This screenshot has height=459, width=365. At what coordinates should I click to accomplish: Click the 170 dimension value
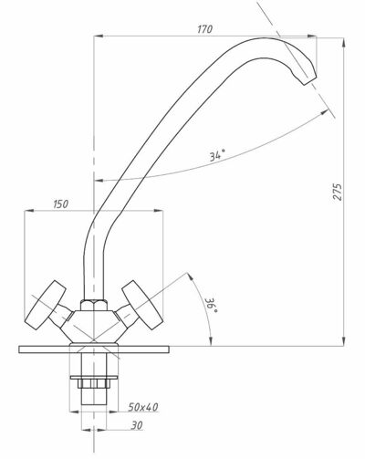pos(205,29)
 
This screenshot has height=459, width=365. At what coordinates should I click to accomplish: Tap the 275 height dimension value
pos(338,192)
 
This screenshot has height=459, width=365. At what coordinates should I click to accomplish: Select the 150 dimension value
pos(61,204)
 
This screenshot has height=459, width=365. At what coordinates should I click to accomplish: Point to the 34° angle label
pos(217,155)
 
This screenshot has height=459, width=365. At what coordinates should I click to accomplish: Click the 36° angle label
pos(213,305)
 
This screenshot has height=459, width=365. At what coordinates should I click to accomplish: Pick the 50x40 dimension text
pos(143,407)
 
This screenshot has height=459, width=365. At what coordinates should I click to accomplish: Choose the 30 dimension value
pos(137,425)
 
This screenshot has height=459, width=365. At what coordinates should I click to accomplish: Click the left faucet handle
pos(46,305)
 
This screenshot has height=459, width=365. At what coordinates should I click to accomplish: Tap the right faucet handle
pos(141,305)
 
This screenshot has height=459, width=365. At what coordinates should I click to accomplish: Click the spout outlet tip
pos(310,80)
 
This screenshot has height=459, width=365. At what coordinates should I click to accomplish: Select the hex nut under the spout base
pos(94,305)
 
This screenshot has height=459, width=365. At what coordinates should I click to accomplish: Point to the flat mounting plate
pos(94,349)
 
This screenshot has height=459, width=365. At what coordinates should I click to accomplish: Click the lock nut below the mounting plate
pos(94,383)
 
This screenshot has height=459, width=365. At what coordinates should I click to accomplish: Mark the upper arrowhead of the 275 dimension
pos(344,43)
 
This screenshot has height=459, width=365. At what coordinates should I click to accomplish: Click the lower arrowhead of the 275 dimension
pos(344,341)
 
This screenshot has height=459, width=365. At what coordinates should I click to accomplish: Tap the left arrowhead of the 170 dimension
pos(99,36)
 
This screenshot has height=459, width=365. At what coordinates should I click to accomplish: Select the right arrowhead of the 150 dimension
pos(158,211)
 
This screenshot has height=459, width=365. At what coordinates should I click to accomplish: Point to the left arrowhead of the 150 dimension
pos(29,211)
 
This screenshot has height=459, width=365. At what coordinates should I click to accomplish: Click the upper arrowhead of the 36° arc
pos(189,276)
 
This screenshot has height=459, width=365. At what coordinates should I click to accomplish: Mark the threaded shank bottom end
pos(94,404)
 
